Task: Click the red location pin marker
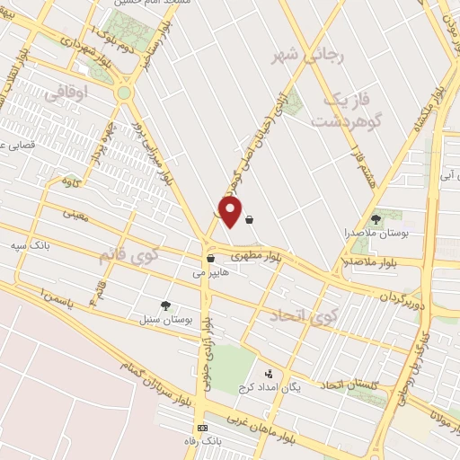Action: point(231,212)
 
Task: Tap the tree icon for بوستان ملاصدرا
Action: point(376,218)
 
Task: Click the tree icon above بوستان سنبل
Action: point(164,305)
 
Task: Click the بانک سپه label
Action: point(53,244)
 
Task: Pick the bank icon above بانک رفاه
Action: point(202,428)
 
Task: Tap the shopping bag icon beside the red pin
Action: point(249,218)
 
